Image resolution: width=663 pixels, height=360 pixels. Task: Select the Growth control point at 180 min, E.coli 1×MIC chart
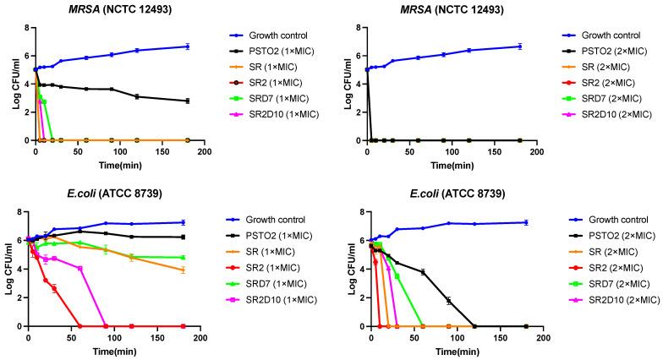(x=184, y=222)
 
